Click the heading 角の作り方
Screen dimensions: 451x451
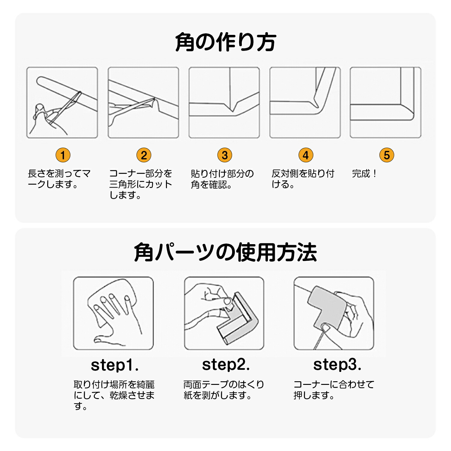[x=226, y=42]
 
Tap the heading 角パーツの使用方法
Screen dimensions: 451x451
[x=225, y=252]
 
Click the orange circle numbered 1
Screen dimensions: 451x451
[x=63, y=155]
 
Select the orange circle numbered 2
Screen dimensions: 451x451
[x=144, y=155]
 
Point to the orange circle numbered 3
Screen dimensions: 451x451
[x=225, y=155]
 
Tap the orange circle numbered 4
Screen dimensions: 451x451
[x=306, y=155]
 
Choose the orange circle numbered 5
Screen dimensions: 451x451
[x=387, y=155]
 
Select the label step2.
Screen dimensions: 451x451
[x=226, y=365]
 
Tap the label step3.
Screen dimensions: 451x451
[x=337, y=365]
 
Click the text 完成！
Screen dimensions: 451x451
[x=364, y=173]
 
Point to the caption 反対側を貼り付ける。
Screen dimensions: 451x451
[x=303, y=179]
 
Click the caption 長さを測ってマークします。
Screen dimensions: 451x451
[x=59, y=179]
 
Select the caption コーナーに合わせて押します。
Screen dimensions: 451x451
[x=334, y=390]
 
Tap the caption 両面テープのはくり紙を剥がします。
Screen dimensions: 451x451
[x=224, y=390]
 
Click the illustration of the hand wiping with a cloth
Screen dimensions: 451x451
[x=113, y=313]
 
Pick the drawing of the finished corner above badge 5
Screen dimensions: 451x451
[x=385, y=103]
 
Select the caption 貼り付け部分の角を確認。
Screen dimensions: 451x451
[x=222, y=179]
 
